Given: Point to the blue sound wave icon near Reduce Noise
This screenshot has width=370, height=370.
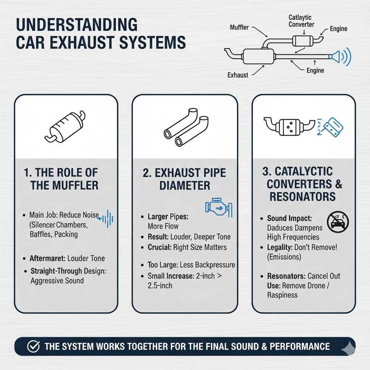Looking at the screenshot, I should (x=107, y=218).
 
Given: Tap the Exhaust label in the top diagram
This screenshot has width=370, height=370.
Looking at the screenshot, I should (x=238, y=75).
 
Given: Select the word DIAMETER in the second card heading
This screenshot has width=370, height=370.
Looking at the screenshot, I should (x=185, y=186).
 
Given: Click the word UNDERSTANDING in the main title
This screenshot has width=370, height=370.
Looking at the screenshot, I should (x=77, y=26).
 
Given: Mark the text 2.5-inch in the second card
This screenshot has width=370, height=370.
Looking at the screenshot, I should (x=160, y=285).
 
